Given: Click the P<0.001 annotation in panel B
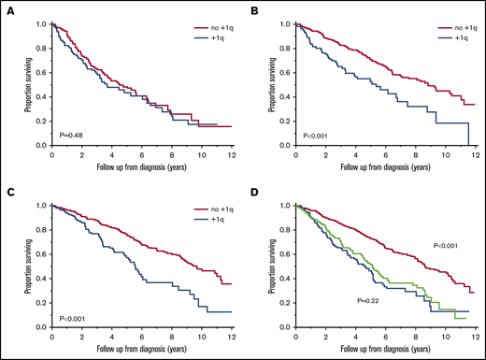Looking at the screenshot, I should point(314,136).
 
